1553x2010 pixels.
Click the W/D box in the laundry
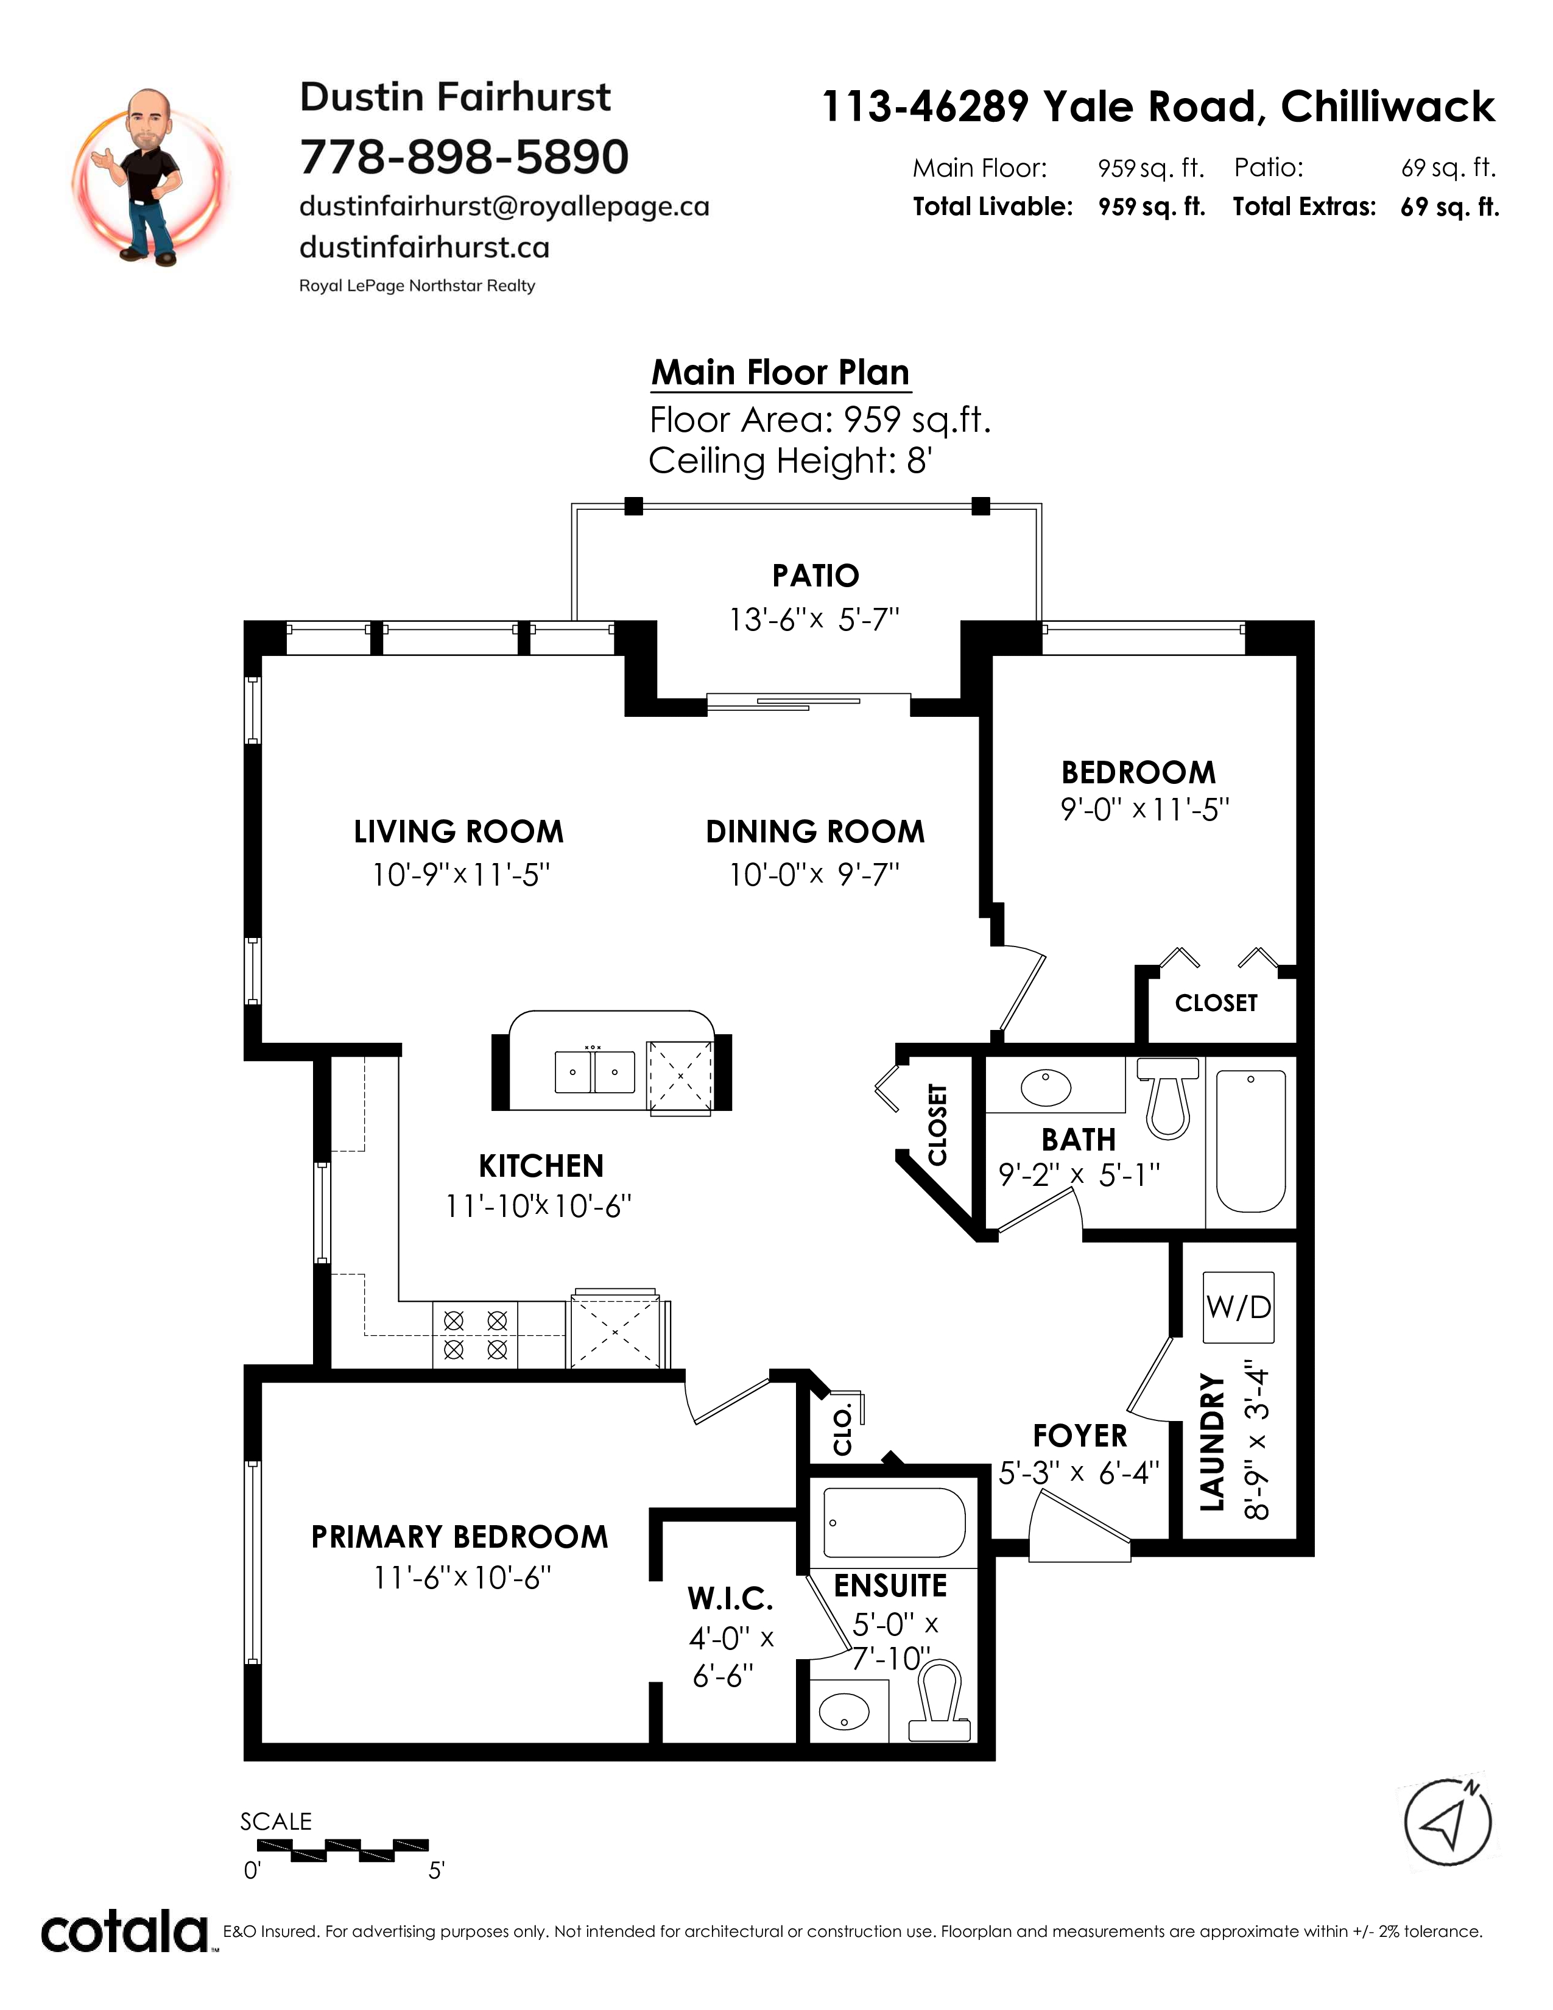click(1238, 1308)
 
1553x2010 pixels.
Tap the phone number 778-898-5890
click(463, 157)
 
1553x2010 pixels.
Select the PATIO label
click(815, 576)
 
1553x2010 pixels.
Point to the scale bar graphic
click(342, 1850)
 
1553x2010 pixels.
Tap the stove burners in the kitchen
click(475, 1335)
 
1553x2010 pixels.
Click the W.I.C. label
click(730, 1599)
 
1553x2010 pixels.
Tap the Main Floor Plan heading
click(780, 373)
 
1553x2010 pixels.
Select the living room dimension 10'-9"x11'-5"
click(461, 874)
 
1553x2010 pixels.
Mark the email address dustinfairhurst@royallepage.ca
click(504, 206)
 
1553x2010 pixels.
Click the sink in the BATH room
click(1046, 1087)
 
